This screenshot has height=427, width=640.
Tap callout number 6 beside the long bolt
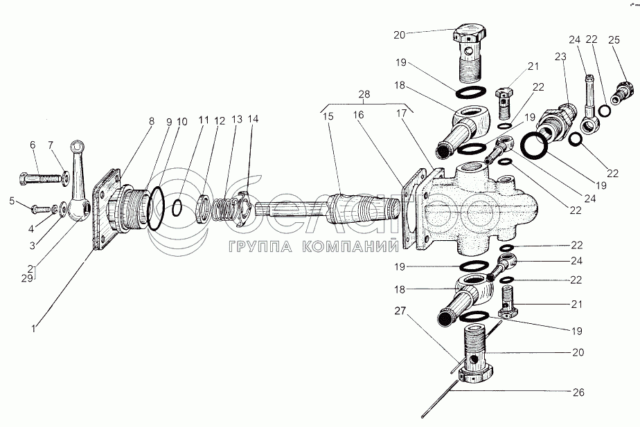pyautogui.click(x=32, y=144)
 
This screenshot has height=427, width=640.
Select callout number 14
pyautogui.click(x=254, y=118)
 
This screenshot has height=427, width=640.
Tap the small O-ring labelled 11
pyautogui.click(x=178, y=206)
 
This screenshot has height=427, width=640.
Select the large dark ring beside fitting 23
pyautogui.click(x=537, y=145)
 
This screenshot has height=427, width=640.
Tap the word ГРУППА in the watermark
pyautogui.click(x=253, y=245)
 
